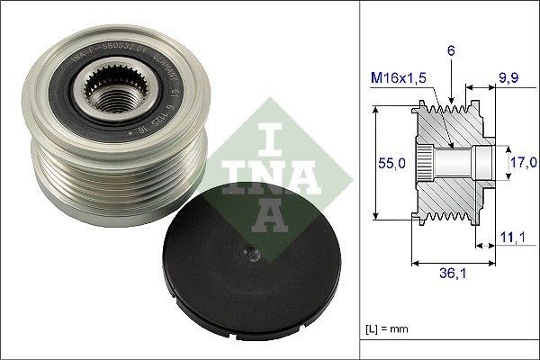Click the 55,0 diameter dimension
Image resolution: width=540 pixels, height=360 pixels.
click(x=387, y=163)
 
